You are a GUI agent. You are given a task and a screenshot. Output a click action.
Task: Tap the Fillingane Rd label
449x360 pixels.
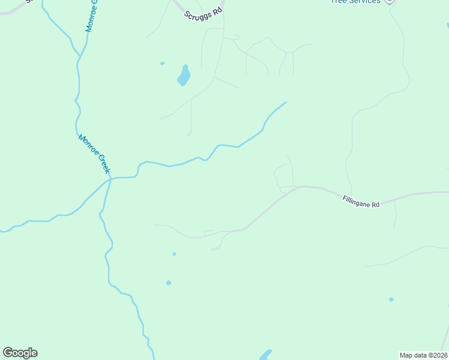pyautogui.click(x=361, y=202)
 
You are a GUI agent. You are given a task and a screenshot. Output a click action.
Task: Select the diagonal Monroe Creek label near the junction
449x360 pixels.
pyautogui.click(x=94, y=154)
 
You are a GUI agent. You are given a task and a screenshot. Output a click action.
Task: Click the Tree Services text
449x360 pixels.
pyautogui.click(x=356, y=2)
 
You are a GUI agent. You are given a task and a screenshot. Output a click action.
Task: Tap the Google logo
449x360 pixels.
pyautogui.click(x=20, y=353)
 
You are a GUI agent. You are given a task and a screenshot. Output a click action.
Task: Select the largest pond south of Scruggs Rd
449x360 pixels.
pyautogui.click(x=184, y=76)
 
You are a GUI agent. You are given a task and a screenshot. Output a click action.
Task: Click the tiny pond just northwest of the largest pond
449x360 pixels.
pyautogui.click(x=162, y=63)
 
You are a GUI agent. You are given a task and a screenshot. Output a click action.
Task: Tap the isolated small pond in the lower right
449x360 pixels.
pyautogui.click(x=391, y=299)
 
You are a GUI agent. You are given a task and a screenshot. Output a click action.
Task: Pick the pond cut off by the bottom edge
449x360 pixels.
pyautogui.click(x=265, y=355)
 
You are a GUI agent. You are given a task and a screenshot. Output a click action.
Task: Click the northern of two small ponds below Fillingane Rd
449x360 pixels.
pyautogui.click(x=174, y=254)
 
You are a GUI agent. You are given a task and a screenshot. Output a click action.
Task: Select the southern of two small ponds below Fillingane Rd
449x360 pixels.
pyautogui.click(x=169, y=283)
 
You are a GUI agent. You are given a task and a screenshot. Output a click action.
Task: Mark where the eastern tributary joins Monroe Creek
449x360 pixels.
pyautogui.click(x=110, y=178)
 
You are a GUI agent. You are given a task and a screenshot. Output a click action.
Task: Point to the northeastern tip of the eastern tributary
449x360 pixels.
pyautogui.click(x=285, y=103)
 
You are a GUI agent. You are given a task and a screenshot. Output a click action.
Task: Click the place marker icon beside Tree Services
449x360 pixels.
pyautogui.click(x=390, y=1)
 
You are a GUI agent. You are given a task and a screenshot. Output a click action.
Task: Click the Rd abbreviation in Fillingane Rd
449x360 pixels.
pyautogui.click(x=375, y=205)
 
